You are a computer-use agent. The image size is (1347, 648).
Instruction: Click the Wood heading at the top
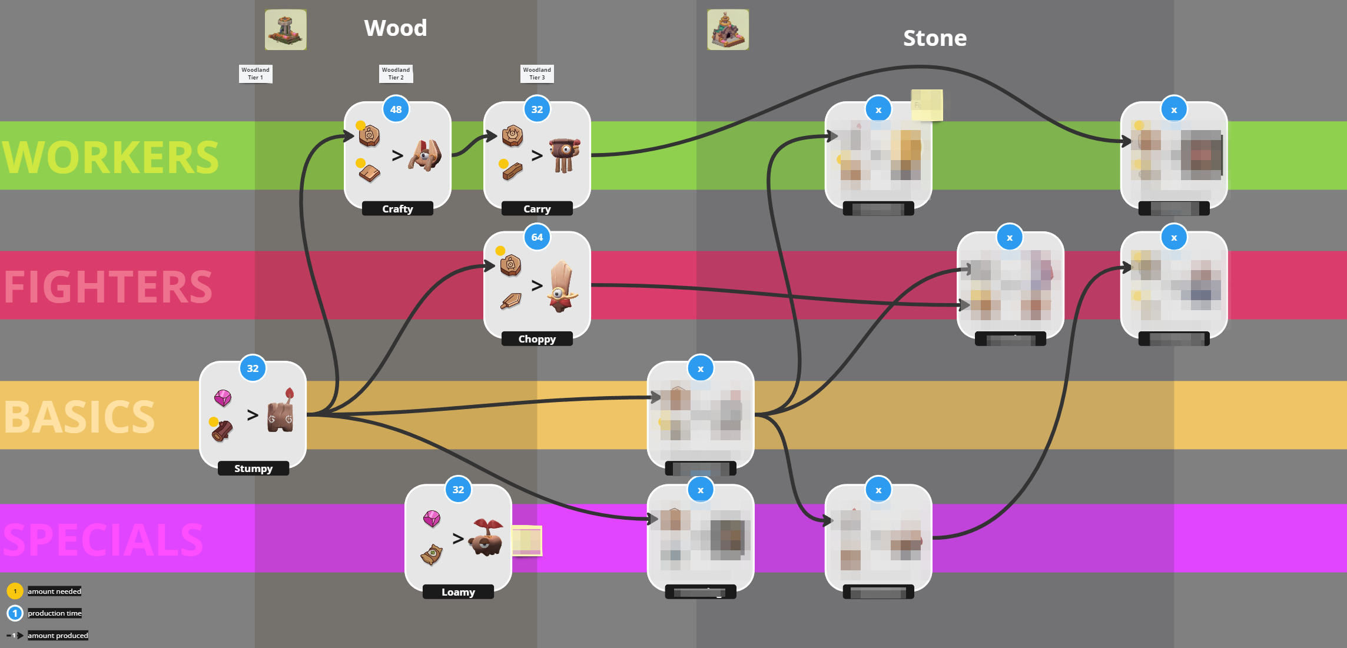[395, 28]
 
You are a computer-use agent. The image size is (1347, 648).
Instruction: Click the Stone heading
[934, 38]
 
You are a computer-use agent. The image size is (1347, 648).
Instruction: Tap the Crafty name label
[397, 209]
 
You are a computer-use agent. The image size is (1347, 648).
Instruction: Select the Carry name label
[537, 209]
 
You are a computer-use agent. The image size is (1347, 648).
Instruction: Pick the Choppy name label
[537, 339]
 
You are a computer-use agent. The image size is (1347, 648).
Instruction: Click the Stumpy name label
[253, 468]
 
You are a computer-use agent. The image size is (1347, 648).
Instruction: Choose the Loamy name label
[458, 592]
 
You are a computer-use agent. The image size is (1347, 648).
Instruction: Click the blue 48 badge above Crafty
[396, 109]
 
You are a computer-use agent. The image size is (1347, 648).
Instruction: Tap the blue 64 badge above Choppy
[537, 237]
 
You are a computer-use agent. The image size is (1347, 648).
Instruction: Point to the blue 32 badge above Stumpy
[253, 368]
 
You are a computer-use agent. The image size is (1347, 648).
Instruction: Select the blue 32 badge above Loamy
[458, 490]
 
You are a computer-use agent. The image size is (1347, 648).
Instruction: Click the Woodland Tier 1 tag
[256, 74]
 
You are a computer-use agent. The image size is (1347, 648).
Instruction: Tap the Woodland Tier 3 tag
[537, 74]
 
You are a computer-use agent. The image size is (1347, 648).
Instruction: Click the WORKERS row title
[111, 157]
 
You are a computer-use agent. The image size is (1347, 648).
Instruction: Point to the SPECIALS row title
[104, 540]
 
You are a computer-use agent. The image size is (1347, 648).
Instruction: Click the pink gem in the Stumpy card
[223, 398]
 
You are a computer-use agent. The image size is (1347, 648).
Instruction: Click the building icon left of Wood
[286, 29]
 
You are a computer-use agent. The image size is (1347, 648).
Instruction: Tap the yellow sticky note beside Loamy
[526, 540]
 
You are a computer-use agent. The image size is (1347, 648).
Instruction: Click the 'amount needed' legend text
[55, 591]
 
